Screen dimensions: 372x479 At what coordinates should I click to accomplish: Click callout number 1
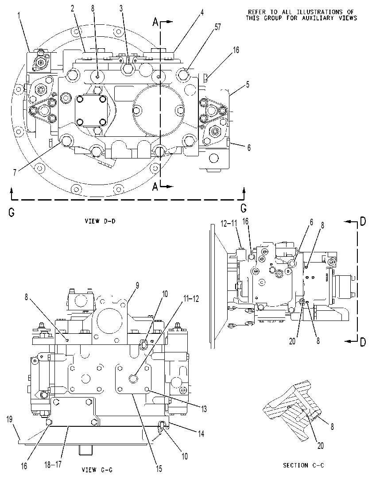point(19,15)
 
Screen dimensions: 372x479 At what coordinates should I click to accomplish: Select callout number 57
point(217,27)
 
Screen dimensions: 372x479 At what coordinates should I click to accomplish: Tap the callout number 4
point(202,12)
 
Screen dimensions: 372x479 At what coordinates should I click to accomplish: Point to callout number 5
point(247,84)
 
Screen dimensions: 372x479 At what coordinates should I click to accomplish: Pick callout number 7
point(14,172)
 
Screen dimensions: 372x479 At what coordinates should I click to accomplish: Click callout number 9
point(137,286)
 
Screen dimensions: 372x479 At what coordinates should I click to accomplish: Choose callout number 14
point(201,433)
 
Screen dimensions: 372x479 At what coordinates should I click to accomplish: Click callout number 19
point(9,419)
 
